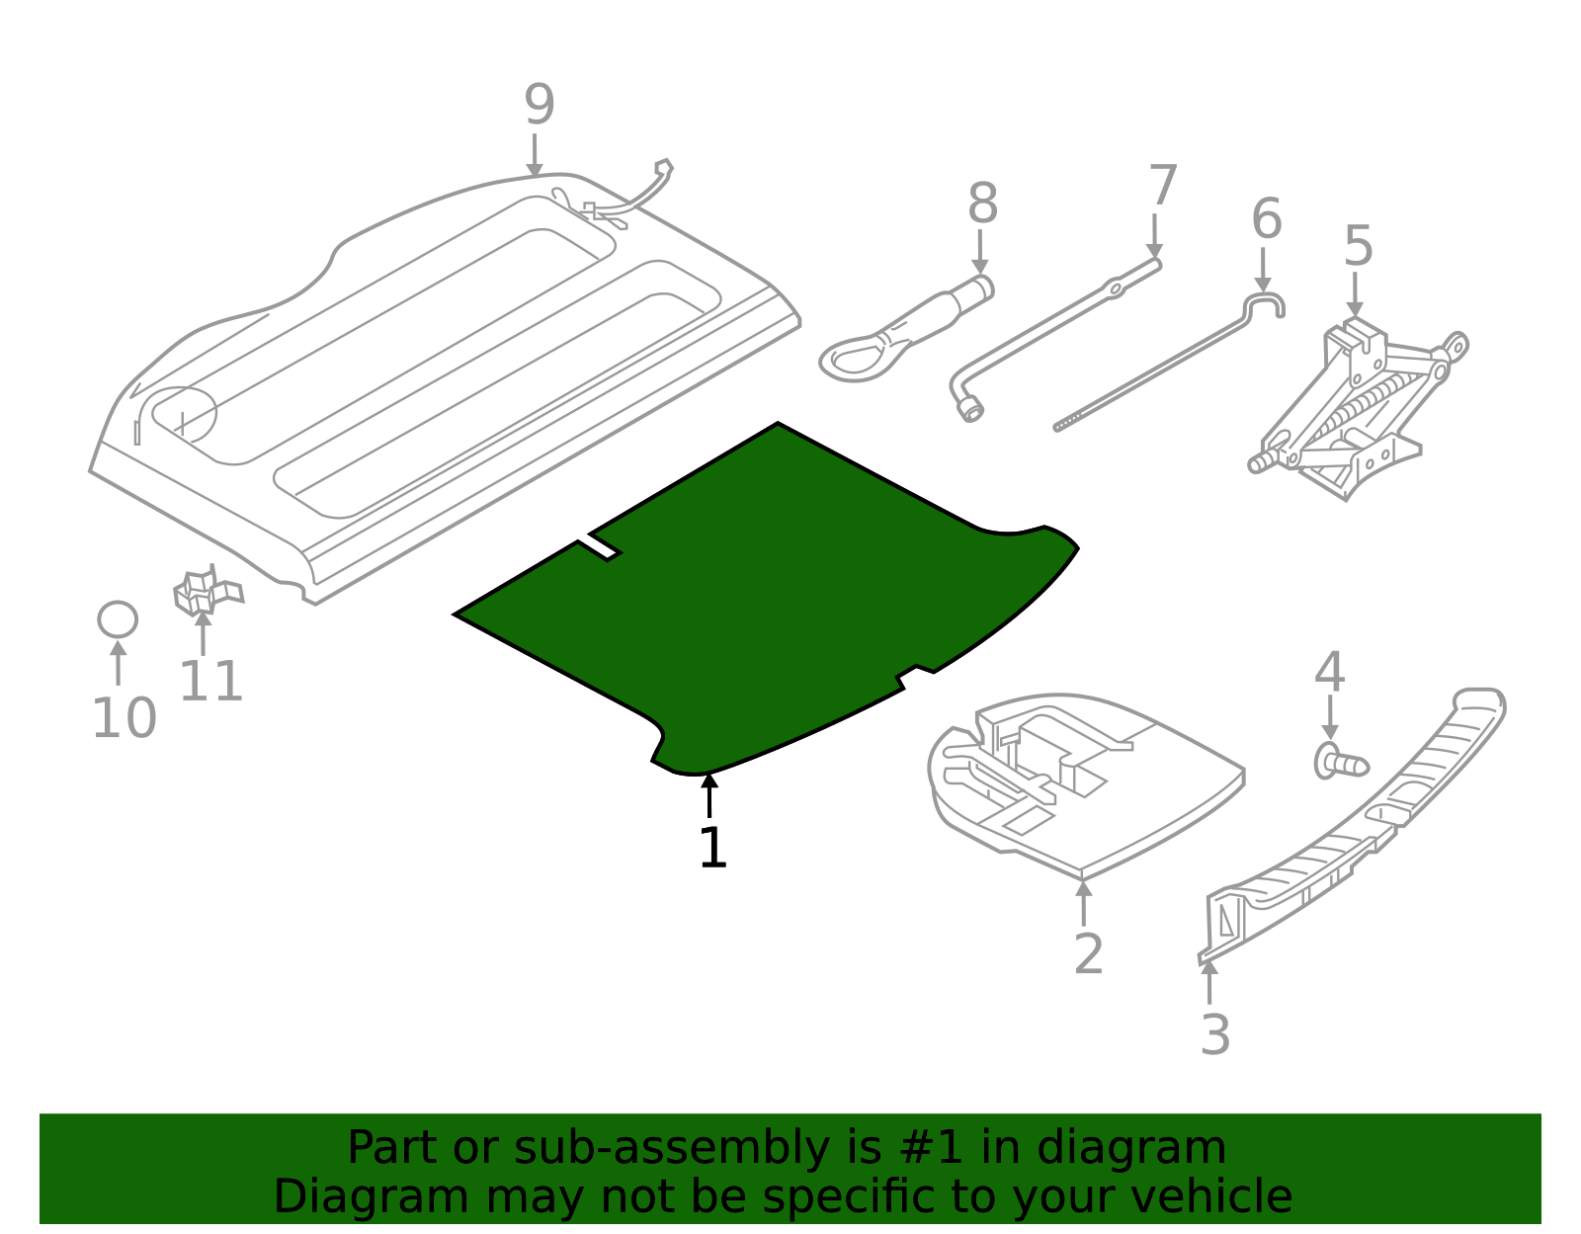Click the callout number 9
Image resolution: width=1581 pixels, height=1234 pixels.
[539, 105]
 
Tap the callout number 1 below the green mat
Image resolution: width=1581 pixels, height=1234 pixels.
[711, 849]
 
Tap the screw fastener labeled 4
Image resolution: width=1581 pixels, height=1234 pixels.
[1340, 763]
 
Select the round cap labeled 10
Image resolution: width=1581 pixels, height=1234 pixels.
[118, 619]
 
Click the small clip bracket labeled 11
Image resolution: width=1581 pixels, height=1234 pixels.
[205, 592]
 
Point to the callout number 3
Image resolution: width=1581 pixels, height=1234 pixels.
[1214, 1035]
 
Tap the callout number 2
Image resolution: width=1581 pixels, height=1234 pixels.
[1087, 954]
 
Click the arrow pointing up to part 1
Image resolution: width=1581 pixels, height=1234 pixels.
[709, 795]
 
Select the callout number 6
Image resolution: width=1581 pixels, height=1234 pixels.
[1266, 219]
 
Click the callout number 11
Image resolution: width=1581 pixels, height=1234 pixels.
[210, 682]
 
